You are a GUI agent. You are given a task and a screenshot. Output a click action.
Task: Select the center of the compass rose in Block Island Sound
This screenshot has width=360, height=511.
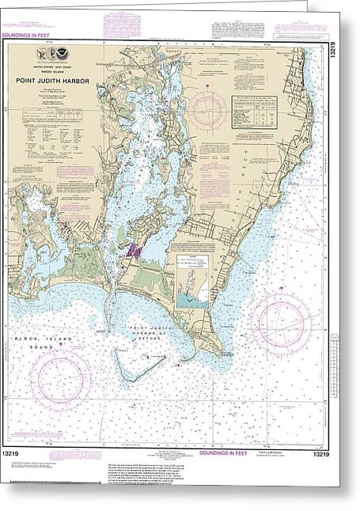[x=60, y=379]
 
